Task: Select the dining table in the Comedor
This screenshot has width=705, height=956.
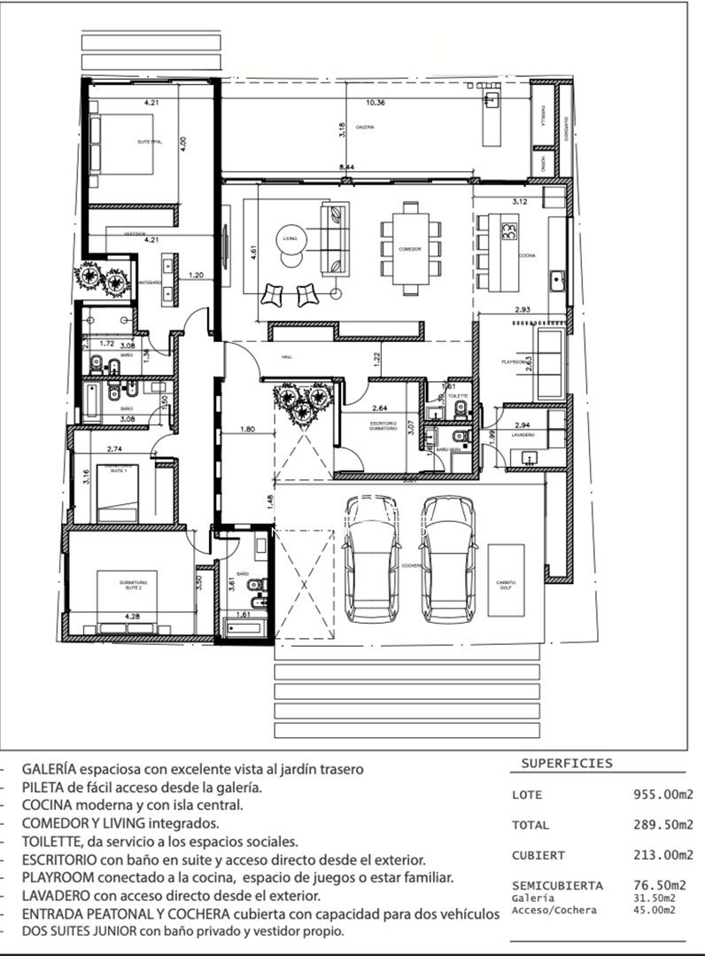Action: (x=410, y=249)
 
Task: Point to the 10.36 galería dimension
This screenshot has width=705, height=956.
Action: (x=376, y=102)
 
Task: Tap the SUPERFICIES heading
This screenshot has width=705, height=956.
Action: (x=566, y=763)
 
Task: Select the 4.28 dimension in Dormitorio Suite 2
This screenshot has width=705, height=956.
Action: (x=132, y=615)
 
